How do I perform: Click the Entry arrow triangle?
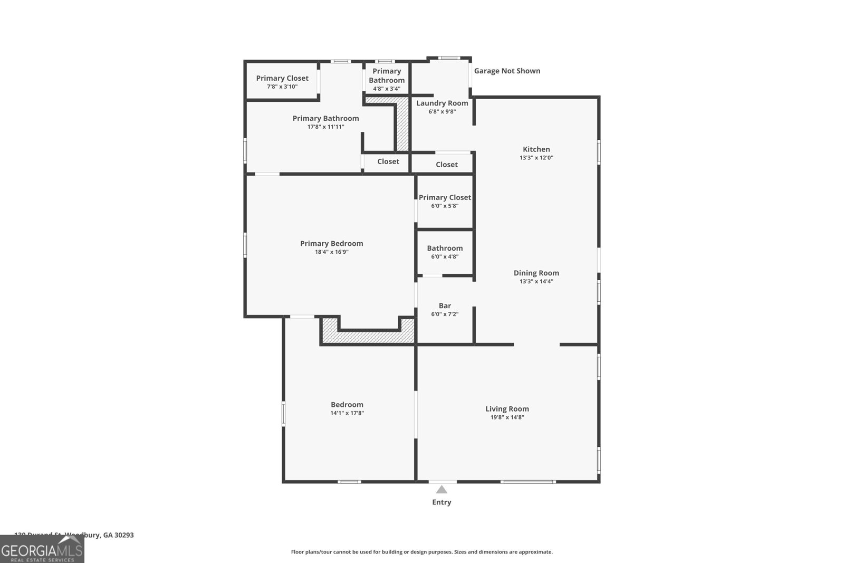[x=442, y=490]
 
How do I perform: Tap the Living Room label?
[x=507, y=409]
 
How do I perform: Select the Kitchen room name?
[x=536, y=149]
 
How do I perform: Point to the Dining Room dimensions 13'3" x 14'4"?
[x=536, y=282]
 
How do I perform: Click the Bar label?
[x=445, y=306]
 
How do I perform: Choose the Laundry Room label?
[x=442, y=103]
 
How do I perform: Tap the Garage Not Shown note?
[x=507, y=71]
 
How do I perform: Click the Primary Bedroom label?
[x=331, y=244]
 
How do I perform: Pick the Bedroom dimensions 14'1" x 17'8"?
[x=347, y=414]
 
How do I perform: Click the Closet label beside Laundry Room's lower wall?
[x=446, y=165]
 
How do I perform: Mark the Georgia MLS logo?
[x=42, y=550]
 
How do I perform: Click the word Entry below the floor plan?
[x=442, y=502]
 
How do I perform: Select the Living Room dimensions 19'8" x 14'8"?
[x=507, y=417]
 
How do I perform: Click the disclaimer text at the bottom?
[x=421, y=552]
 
